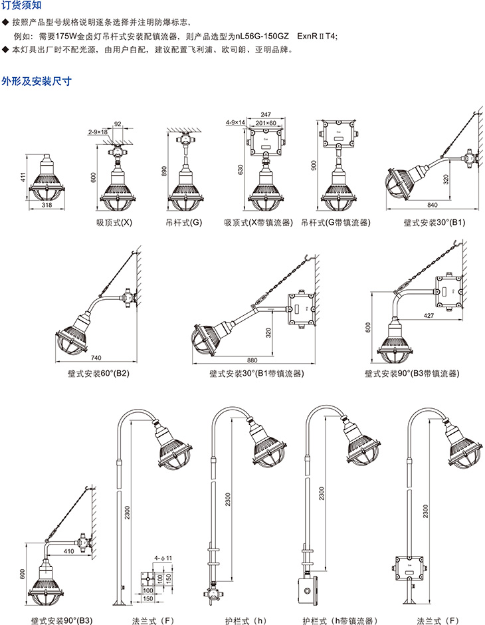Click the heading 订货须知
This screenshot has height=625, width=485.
point(21,6)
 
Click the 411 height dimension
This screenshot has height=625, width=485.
point(22,178)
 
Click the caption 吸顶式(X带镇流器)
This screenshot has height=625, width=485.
point(258,222)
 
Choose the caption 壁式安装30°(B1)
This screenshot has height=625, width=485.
point(435,222)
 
